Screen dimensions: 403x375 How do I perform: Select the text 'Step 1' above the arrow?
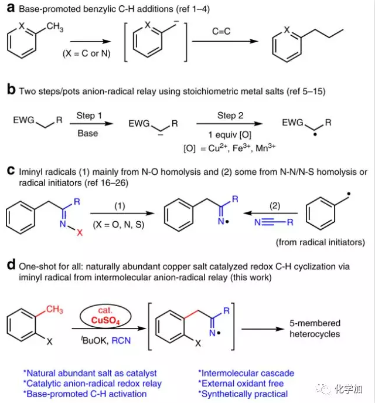90,116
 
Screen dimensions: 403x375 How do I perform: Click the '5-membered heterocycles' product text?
313,327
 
